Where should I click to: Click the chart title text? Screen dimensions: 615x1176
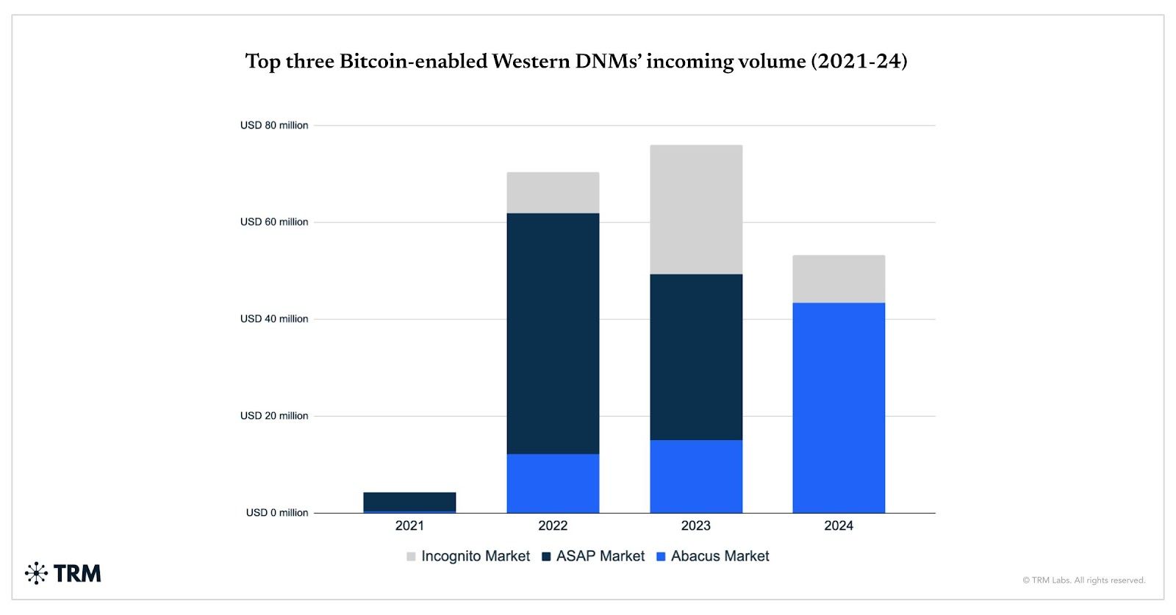point(576,61)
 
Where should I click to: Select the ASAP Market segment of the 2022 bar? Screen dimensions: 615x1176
point(553,333)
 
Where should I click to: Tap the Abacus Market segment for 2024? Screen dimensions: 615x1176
point(839,408)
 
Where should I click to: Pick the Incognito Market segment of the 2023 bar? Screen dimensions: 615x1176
point(696,209)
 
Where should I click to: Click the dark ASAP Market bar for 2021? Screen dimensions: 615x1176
point(409,501)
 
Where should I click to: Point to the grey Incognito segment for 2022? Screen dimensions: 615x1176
point(553,193)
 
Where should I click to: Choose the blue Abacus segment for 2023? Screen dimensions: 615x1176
point(696,476)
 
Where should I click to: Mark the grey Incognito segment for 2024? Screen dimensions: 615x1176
point(839,278)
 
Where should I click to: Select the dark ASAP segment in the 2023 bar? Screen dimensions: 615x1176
point(696,357)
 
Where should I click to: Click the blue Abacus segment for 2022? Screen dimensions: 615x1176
point(553,483)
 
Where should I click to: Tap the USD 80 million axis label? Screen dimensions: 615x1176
point(274,126)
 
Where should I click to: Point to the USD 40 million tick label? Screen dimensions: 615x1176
point(274,319)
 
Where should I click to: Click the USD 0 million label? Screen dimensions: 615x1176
point(277,513)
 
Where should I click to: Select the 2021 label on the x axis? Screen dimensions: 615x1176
point(409,525)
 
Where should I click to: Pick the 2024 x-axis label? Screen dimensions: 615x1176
point(839,525)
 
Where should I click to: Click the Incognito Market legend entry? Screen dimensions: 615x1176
point(468,556)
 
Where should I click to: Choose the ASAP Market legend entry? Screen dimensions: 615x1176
point(593,556)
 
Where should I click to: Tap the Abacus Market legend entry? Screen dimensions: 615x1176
point(712,556)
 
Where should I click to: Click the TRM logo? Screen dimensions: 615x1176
point(63,573)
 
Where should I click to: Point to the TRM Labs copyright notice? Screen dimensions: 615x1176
point(1083,580)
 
